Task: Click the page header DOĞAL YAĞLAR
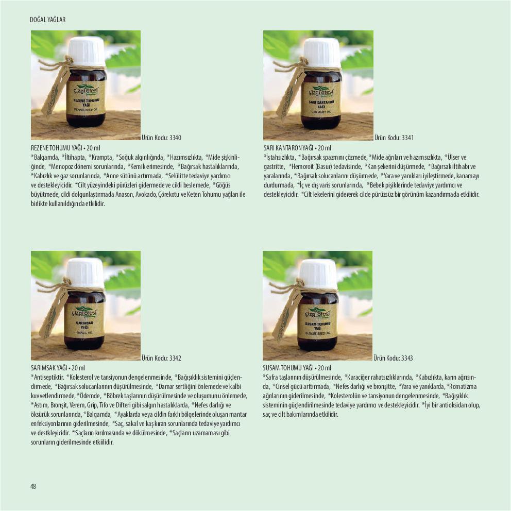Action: pos(47,20)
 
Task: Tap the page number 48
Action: pos(33,486)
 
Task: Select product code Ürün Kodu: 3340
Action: pos(161,138)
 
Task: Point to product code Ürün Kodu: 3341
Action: pos(394,138)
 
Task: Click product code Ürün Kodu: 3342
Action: pos(161,358)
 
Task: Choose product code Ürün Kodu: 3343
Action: pos(393,358)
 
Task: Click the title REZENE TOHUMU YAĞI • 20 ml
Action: pos(65,148)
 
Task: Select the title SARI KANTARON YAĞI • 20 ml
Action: pos(297,148)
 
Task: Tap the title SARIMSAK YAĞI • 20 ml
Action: pos(58,368)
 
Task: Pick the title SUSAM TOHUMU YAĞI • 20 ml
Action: pos(297,368)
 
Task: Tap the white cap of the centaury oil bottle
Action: pos(322,52)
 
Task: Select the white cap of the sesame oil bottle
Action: pos(318,274)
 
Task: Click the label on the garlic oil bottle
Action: pos(85,321)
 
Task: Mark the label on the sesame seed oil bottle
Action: pos(317,323)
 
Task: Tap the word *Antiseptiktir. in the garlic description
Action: pos(47,378)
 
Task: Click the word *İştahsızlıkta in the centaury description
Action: pos(280,158)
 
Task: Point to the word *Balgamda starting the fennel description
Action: pos(45,158)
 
